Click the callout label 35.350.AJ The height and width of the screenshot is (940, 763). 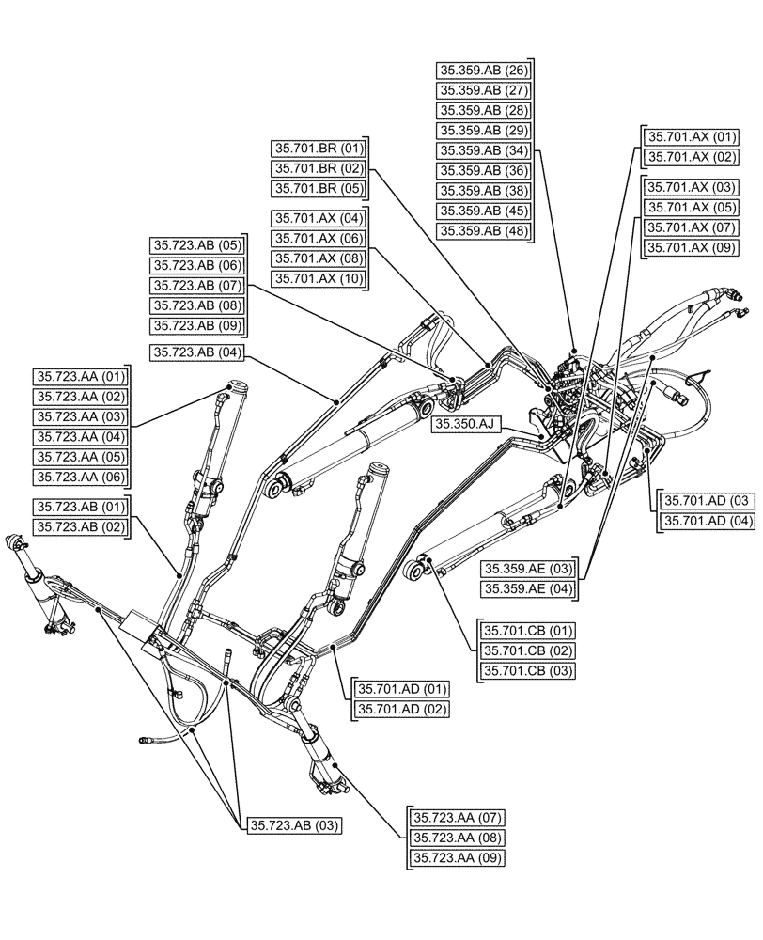[x=463, y=425]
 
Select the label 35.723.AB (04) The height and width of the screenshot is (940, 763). [x=197, y=353]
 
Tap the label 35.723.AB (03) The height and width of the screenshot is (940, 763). [x=294, y=825]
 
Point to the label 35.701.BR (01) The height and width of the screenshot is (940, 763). [x=318, y=149]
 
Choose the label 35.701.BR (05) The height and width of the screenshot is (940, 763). [x=318, y=189]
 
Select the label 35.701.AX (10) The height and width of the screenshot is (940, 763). [x=318, y=279]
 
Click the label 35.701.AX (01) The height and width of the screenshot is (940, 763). [x=691, y=137]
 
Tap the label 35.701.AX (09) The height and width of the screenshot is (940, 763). [x=691, y=248]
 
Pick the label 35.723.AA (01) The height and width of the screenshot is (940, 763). [x=81, y=376]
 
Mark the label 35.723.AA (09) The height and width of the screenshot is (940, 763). [x=457, y=858]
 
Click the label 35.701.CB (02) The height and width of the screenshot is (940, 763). [x=528, y=650]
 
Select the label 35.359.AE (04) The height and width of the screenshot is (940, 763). [x=529, y=589]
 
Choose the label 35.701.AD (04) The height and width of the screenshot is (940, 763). [x=708, y=521]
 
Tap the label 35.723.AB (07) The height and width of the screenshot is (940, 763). [x=197, y=286]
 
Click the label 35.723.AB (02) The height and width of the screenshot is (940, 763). [x=81, y=527]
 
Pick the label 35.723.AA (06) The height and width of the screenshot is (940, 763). [x=81, y=478]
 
